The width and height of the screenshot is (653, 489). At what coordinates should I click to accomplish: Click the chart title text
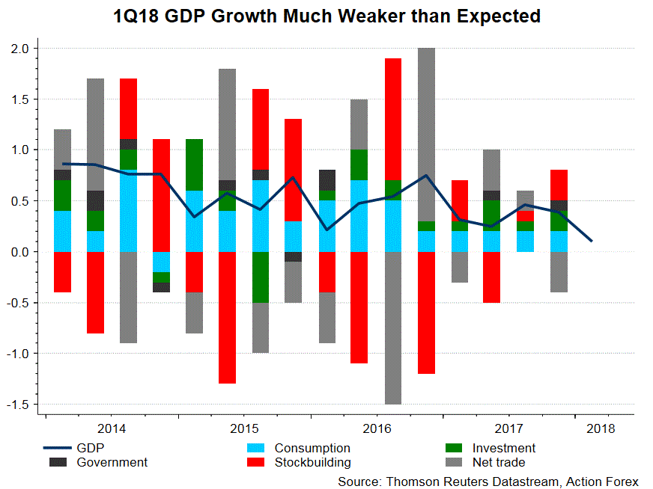326,16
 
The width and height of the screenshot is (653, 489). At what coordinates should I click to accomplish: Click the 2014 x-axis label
112,428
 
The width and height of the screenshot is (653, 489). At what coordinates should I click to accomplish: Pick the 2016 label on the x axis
376,428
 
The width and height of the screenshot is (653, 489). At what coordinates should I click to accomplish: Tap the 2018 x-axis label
601,428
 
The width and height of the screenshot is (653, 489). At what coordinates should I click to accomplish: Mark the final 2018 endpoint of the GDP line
592,241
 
